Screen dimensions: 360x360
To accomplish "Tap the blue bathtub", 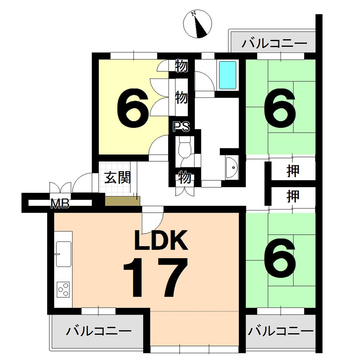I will click(x=228, y=75).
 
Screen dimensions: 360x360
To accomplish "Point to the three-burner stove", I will click(x=64, y=289).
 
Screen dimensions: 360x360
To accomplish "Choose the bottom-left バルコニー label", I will click(x=98, y=330).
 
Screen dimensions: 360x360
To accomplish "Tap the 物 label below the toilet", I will click(x=184, y=177).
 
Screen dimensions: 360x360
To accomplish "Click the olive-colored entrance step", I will click(x=122, y=201).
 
